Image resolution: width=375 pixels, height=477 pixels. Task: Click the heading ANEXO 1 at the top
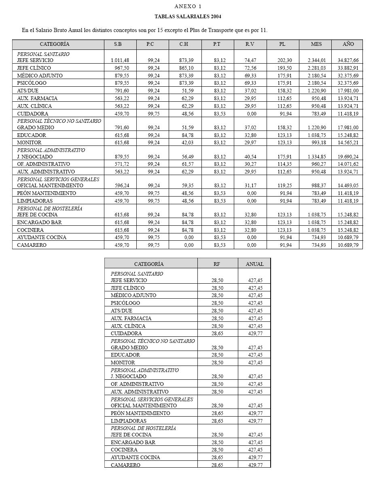coord(188,6)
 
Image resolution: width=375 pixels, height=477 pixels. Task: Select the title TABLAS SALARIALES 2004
coord(188,17)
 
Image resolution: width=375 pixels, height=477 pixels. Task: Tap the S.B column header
coord(118,44)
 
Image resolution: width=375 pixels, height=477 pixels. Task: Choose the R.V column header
coord(250,44)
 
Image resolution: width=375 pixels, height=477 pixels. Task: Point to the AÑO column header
coord(348,44)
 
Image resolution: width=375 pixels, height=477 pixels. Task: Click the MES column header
coord(316,44)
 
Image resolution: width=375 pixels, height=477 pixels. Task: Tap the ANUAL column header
coord(254,264)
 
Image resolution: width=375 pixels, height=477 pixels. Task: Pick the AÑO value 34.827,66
coord(348,60)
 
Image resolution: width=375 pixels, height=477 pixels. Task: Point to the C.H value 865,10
coord(186,68)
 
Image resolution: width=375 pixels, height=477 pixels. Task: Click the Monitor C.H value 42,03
coord(187,143)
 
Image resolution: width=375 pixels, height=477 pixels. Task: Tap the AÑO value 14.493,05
coord(348,186)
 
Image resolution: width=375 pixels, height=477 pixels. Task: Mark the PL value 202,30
coord(284,60)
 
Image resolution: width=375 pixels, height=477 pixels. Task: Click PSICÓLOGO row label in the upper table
coord(32,83)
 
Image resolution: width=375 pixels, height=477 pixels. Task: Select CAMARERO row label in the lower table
coord(125,465)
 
